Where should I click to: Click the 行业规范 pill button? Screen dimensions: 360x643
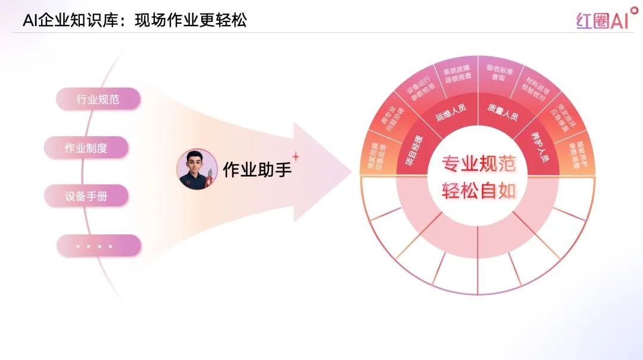point(98,99)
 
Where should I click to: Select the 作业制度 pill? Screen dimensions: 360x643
point(86,148)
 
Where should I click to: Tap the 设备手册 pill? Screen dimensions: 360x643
point(86,196)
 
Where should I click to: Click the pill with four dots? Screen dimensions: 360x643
point(98,246)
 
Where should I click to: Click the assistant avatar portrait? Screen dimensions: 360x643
point(197,169)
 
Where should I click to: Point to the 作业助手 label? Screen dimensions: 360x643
point(257,170)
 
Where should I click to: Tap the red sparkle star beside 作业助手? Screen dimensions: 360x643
point(295,156)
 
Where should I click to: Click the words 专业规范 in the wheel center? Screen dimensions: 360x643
point(479,164)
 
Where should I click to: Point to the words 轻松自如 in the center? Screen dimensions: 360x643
point(479,191)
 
